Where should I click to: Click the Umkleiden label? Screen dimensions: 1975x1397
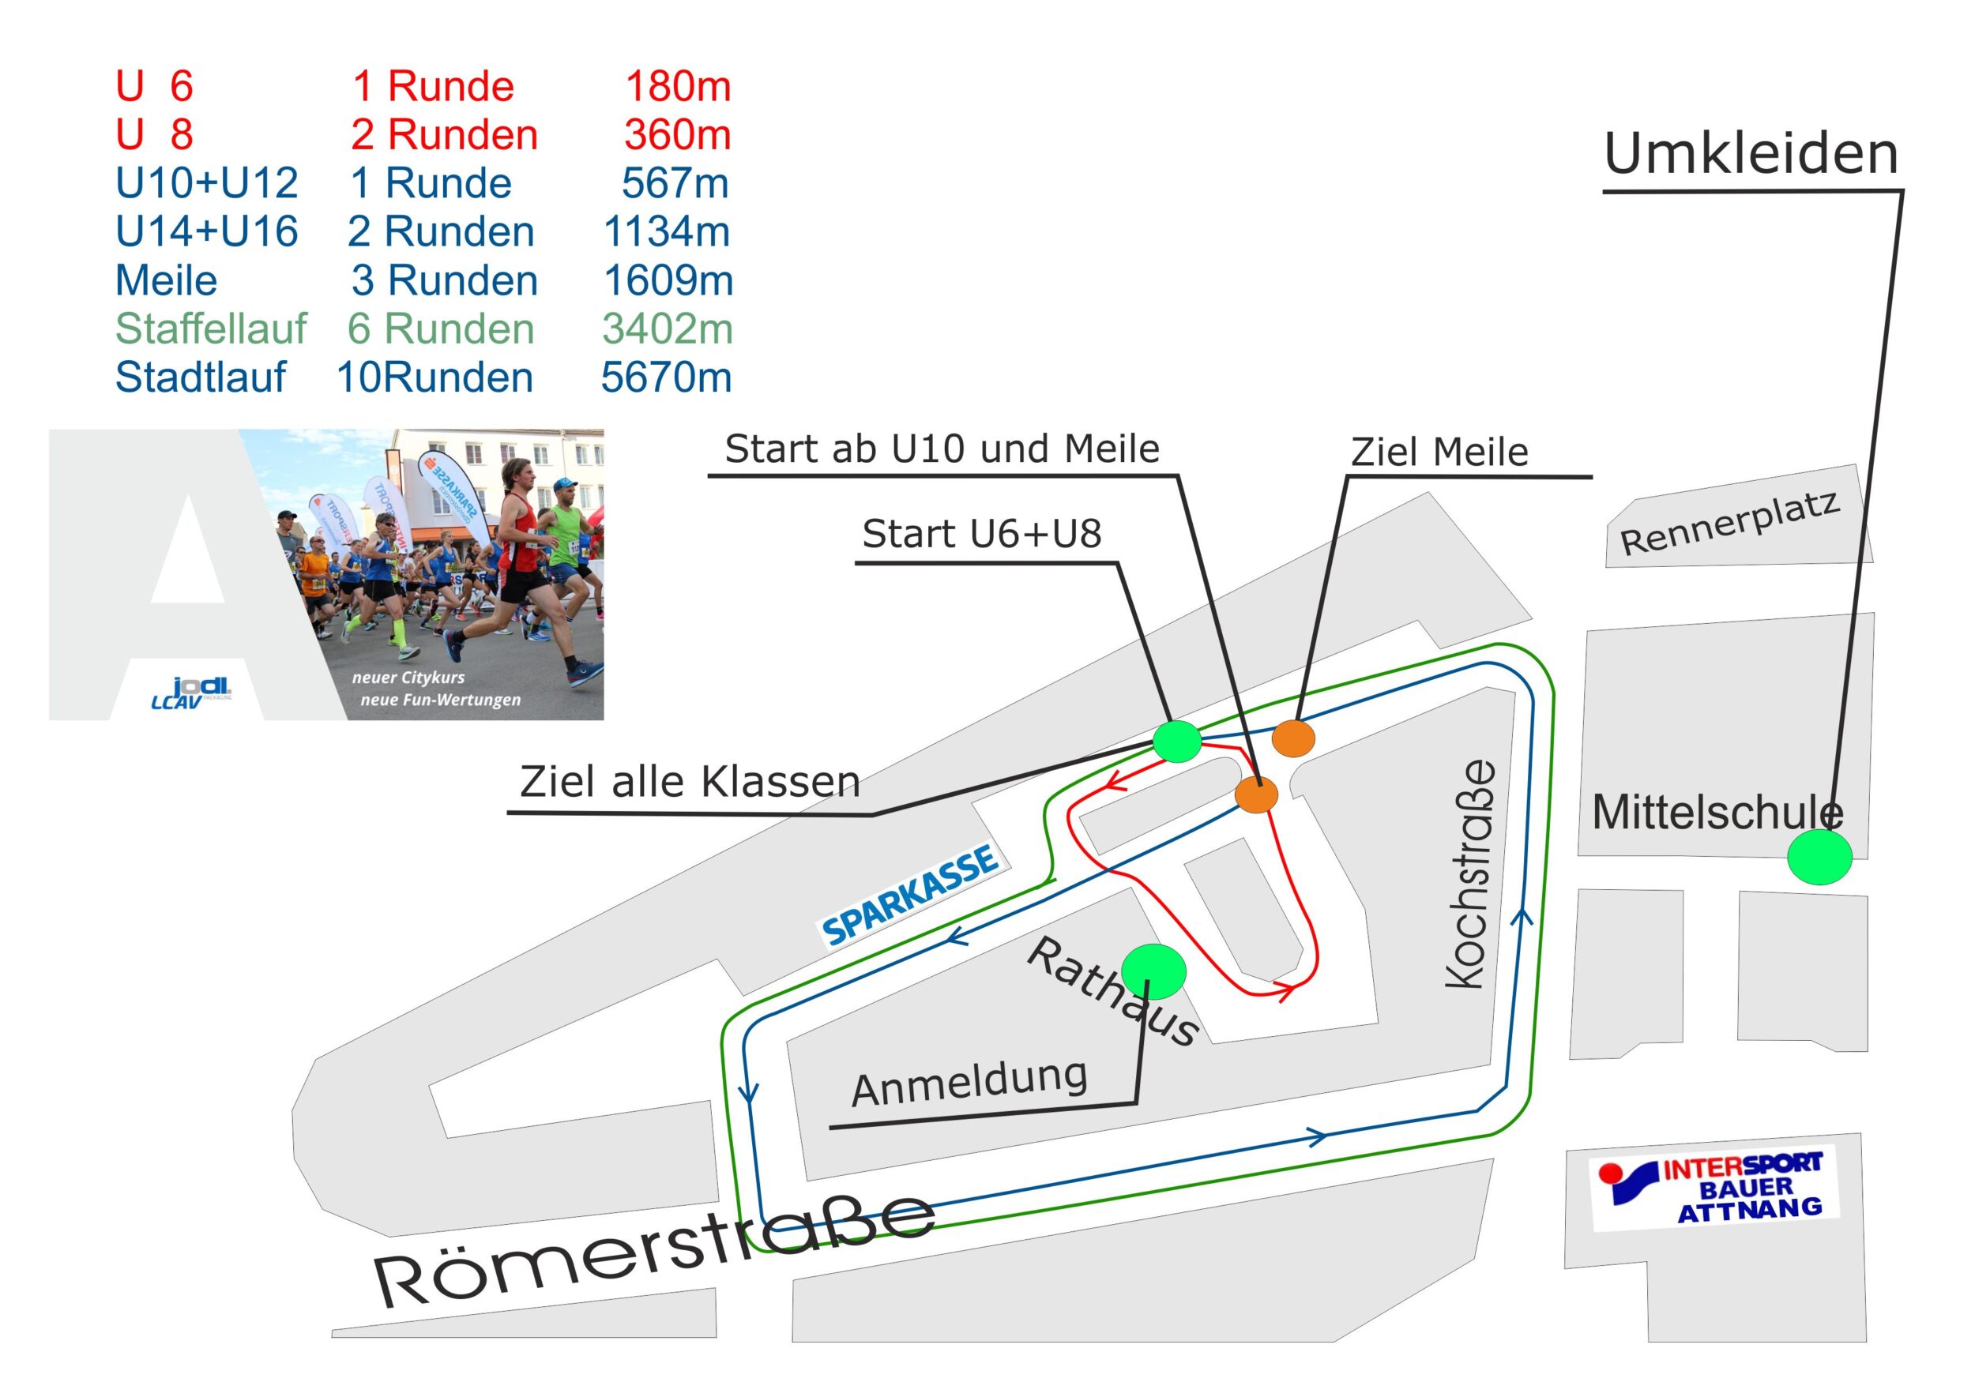(x=1751, y=154)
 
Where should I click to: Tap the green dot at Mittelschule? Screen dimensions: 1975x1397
(x=1819, y=856)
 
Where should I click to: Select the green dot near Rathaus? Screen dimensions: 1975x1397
(x=1154, y=971)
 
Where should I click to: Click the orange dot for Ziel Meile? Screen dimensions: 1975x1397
(x=1292, y=738)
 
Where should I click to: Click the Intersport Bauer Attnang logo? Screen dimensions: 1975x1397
(x=1714, y=1187)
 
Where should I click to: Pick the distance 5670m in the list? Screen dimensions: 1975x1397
(x=666, y=377)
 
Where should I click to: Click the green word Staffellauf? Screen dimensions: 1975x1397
(x=211, y=329)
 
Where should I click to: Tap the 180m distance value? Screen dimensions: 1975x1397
(x=678, y=86)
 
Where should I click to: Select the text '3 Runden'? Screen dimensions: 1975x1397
(x=444, y=280)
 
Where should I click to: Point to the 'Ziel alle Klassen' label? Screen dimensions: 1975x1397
(x=690, y=781)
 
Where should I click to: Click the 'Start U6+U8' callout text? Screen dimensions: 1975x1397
(x=982, y=533)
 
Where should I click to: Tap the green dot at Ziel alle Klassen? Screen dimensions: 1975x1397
(x=1176, y=742)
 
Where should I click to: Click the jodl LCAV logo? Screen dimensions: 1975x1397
(x=192, y=693)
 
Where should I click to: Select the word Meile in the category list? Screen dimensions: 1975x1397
(x=166, y=280)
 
